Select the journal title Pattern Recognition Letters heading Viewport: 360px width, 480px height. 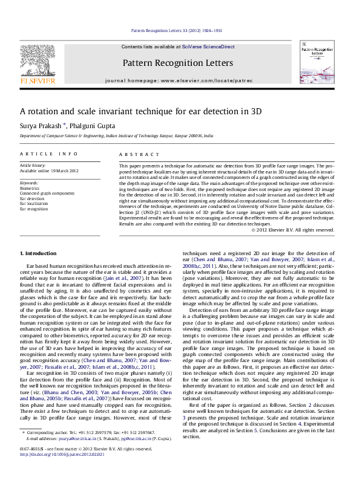177,63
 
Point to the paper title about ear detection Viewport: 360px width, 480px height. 141,111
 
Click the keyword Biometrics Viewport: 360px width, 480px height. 30,188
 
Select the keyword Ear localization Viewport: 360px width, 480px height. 34,204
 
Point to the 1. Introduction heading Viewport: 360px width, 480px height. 38,252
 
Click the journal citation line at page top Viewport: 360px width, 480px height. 177,30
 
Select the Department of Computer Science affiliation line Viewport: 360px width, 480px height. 116,137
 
